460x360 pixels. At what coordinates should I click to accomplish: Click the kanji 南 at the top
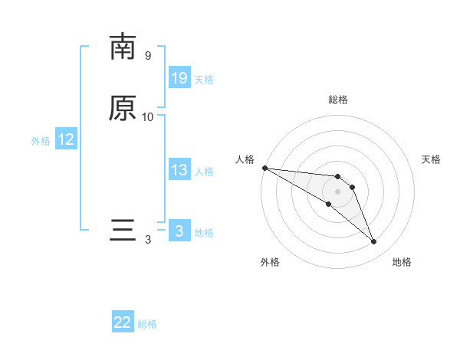123,47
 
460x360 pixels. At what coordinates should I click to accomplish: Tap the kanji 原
123,108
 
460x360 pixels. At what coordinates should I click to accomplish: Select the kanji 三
123,231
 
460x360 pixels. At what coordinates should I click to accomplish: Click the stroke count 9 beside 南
148,56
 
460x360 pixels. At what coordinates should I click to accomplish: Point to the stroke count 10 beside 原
148,117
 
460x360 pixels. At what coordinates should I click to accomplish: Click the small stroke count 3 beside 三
148,240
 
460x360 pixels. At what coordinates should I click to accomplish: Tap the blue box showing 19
179,78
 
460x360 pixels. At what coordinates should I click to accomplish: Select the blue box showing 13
179,170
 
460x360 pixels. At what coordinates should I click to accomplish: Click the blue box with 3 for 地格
179,231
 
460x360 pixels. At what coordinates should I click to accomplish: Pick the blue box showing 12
66,140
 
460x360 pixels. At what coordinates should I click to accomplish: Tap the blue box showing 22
123,322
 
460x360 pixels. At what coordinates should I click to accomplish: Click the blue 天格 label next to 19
204,80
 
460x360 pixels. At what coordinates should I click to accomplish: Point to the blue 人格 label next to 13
204,172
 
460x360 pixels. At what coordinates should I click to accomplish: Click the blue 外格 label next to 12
41,141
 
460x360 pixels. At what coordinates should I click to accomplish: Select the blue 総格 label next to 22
147,324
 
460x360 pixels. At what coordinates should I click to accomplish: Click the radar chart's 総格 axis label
338,100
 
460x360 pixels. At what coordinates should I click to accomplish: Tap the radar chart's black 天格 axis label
431,159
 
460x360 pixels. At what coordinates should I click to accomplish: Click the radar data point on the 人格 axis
264,168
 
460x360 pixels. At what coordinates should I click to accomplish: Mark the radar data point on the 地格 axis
374,242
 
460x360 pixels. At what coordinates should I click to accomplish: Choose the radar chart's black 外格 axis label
270,262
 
